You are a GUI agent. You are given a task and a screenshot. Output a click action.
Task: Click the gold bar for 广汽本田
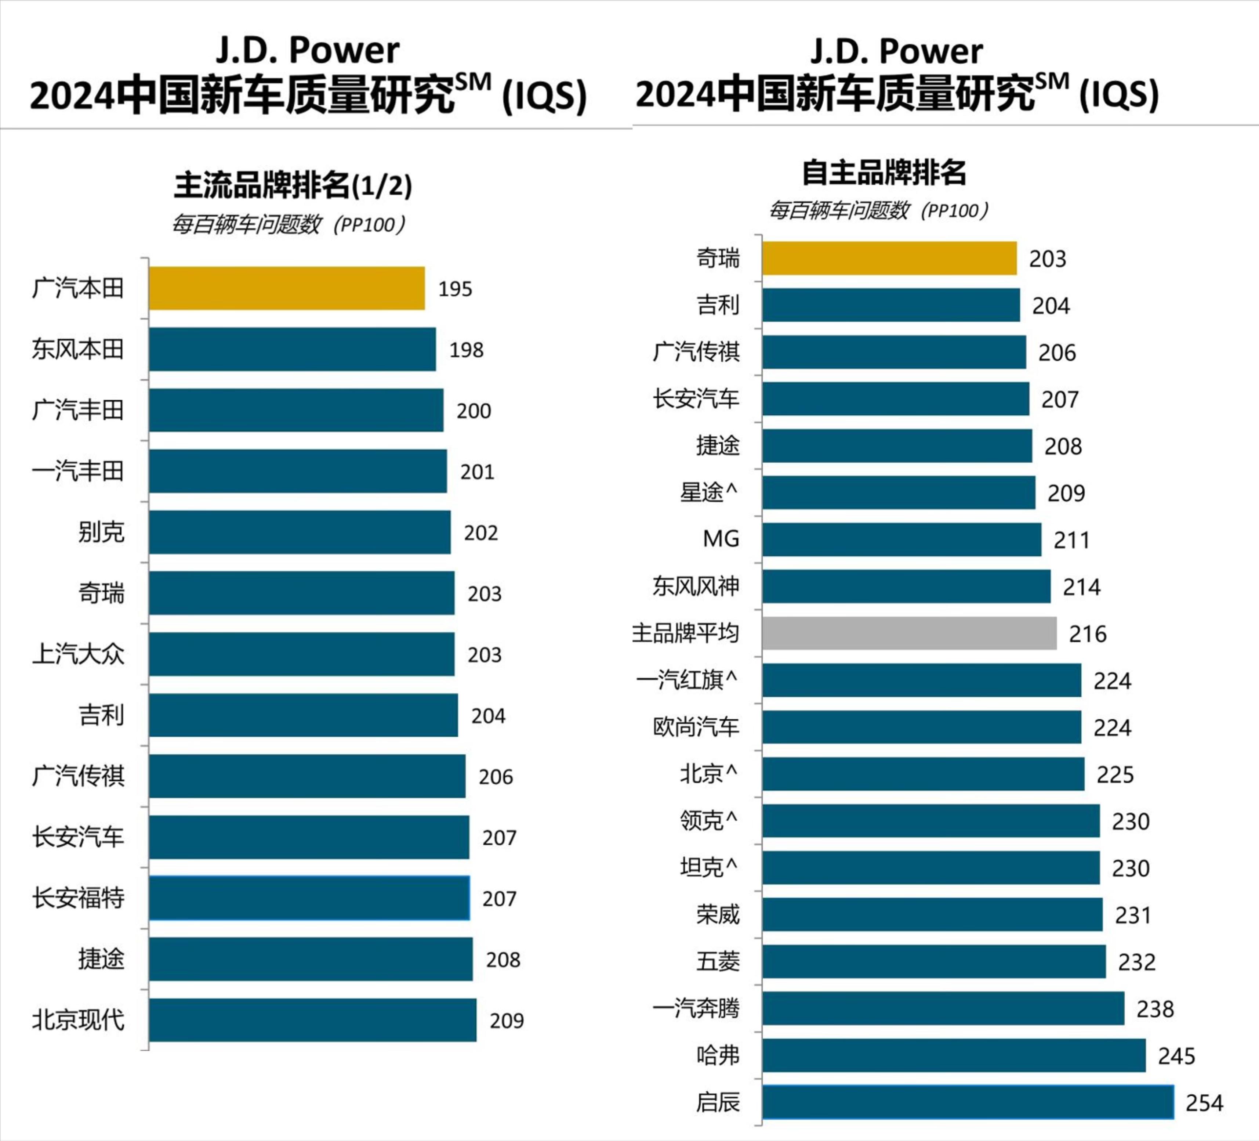tap(287, 288)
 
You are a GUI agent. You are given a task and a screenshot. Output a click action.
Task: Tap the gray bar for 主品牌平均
tap(909, 633)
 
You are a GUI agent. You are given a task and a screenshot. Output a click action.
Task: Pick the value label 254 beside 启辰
tap(1204, 1103)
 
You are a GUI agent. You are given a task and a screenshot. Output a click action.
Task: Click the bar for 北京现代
tap(312, 1020)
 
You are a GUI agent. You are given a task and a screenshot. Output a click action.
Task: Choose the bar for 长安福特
tap(309, 898)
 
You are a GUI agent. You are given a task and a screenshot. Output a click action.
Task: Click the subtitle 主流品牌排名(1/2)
tap(293, 185)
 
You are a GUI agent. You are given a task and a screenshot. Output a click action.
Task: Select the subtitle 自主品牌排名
tap(884, 173)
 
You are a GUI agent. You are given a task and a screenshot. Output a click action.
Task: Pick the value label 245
tap(1176, 1056)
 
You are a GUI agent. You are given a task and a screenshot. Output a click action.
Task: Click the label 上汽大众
tap(78, 654)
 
